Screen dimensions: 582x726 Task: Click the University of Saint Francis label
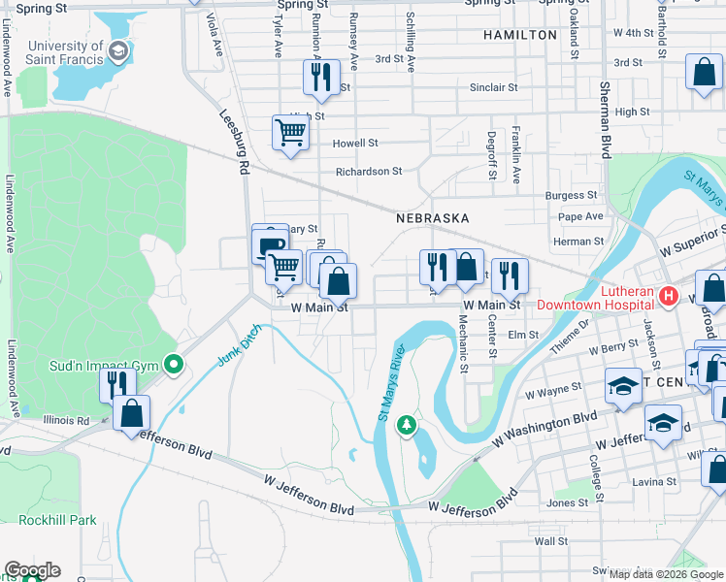(66, 52)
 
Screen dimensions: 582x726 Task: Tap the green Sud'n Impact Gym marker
(174, 366)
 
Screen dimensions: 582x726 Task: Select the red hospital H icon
(667, 295)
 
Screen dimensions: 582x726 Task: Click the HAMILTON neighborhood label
(520, 35)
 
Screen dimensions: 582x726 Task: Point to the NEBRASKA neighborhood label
(432, 218)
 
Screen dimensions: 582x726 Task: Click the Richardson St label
(368, 172)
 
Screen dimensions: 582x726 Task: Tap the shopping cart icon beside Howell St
(291, 133)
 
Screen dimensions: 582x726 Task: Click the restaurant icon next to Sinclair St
(321, 77)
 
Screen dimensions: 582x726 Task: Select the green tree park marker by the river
(409, 425)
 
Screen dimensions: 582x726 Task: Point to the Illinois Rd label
(66, 421)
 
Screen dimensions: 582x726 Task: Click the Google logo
(31, 570)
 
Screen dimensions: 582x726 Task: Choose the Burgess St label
(564, 195)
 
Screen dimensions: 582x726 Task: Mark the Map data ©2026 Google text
(665, 574)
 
